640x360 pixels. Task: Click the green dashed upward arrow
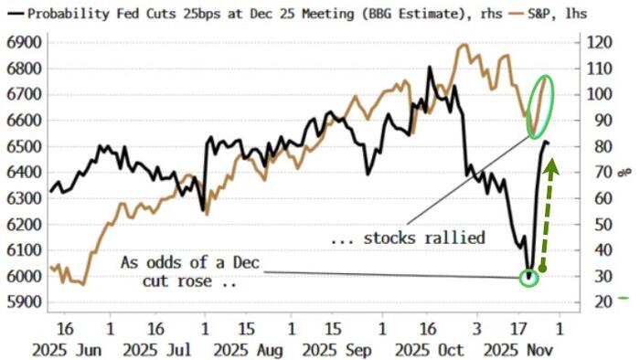pos(547,215)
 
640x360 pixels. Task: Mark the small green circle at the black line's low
pos(528,276)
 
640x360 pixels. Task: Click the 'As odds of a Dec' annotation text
pos(190,263)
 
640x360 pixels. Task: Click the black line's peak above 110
pos(430,68)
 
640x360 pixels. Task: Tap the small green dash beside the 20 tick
pos(624,298)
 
